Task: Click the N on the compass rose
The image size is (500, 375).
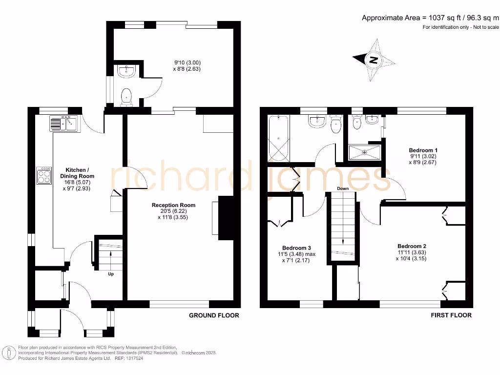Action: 374,61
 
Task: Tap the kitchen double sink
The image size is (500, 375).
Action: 63,123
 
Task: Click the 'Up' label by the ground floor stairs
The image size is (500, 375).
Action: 111,274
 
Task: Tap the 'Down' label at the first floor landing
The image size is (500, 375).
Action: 342,188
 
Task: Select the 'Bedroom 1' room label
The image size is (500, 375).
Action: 423,150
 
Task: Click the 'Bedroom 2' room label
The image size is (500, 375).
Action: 412,246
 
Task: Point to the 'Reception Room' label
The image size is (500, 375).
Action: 173,205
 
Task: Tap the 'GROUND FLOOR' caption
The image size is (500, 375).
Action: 214,315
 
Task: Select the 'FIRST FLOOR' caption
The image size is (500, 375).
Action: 451,315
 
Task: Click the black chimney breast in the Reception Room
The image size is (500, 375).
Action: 226,218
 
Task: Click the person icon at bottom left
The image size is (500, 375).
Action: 8,353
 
